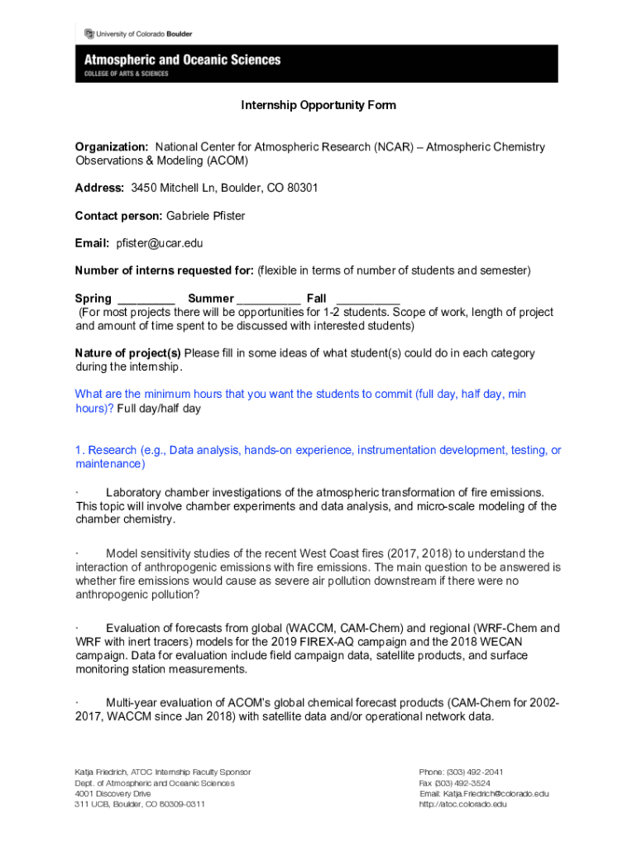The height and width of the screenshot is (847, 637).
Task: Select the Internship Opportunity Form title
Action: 318,105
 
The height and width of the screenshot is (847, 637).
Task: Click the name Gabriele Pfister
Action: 205,216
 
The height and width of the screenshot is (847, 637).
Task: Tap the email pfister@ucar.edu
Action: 154,243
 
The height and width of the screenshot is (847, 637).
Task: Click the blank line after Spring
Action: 146,299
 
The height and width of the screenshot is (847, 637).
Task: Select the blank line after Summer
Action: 269,299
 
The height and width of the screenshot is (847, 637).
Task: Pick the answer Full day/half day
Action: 159,409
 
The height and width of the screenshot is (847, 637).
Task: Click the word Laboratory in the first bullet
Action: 136,492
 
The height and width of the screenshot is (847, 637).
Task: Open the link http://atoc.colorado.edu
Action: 463,804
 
